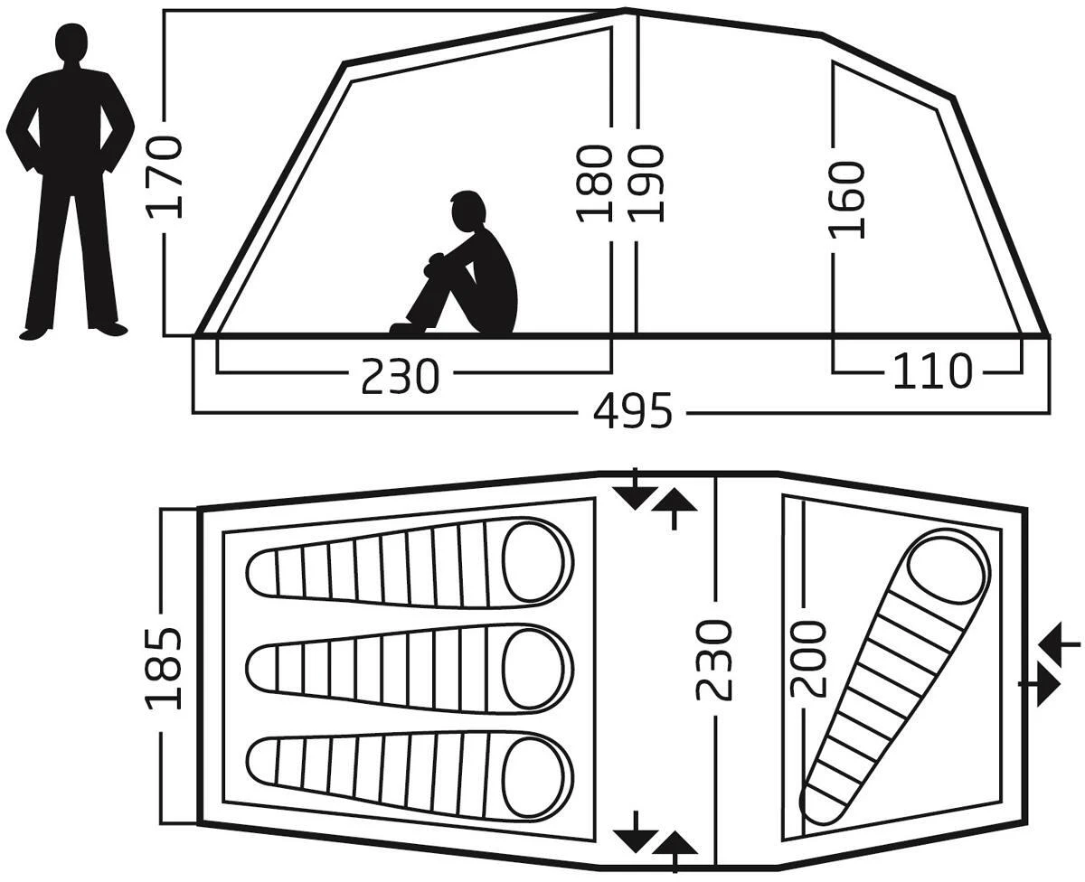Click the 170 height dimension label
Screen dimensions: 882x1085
(165, 177)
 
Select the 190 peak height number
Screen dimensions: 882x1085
(647, 183)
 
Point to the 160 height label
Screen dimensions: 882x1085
(847, 199)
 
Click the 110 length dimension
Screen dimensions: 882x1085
(932, 371)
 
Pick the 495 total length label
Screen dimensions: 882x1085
(633, 412)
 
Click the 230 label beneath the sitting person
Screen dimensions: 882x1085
(400, 376)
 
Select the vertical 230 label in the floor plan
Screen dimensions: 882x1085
(714, 660)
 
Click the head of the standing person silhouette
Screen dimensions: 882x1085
(72, 43)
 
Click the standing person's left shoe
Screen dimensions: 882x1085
(108, 328)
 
